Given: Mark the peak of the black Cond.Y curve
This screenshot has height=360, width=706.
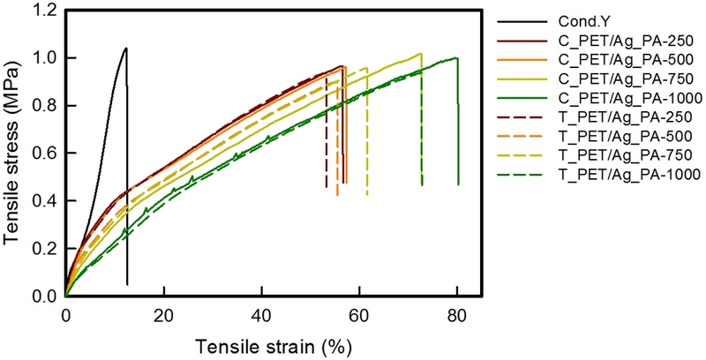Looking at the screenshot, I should pos(126,48).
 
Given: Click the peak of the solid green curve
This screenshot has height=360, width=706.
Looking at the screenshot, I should pos(456,57).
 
